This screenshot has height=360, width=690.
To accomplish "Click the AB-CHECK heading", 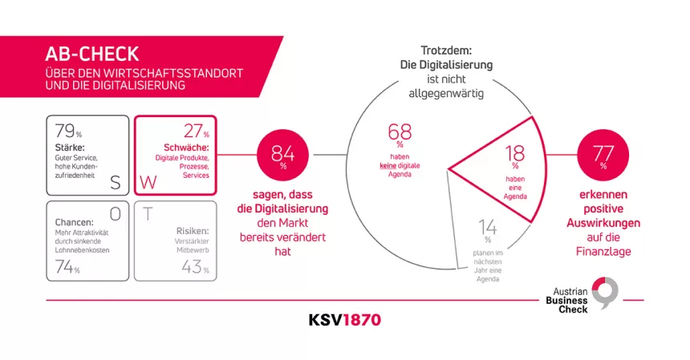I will [93, 55].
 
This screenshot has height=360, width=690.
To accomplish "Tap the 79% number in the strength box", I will [66, 131].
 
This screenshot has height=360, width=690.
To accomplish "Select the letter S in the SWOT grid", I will [115, 182].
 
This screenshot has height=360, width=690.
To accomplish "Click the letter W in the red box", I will [149, 183].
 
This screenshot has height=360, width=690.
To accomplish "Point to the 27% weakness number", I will [193, 131].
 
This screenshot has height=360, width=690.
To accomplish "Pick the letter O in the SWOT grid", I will [115, 213].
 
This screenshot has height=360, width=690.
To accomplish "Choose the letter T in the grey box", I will [148, 214].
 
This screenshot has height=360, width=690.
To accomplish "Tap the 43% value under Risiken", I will [193, 267].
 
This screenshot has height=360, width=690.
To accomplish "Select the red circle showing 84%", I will [282, 155].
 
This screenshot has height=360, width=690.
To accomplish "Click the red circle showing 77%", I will [603, 155].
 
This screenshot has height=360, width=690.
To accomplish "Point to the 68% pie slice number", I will [400, 132].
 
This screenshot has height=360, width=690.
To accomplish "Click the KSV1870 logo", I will [345, 320].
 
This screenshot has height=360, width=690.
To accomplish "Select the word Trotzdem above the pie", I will [446, 50].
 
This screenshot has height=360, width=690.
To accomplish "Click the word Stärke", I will [70, 149].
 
